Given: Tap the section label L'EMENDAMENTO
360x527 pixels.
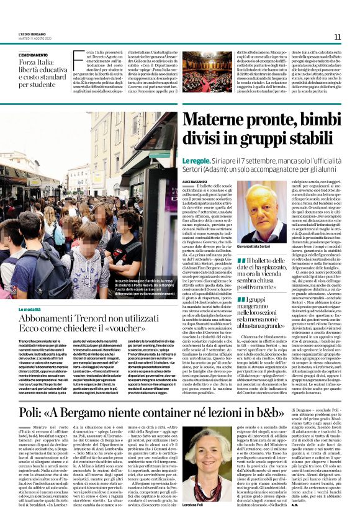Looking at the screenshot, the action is tap(34, 55).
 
